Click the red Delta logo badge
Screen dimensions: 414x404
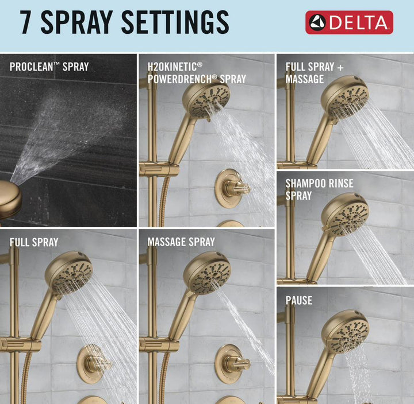tap(349, 22)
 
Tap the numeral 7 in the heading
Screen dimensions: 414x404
tap(26, 22)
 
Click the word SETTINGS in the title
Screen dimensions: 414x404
tap(175, 22)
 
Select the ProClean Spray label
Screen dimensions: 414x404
tap(49, 67)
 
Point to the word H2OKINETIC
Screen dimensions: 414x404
tap(175, 67)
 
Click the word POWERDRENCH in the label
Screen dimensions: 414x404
tap(182, 79)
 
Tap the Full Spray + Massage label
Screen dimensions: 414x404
tap(315, 73)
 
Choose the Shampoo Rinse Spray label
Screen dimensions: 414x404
tap(319, 189)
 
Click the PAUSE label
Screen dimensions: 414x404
tap(299, 301)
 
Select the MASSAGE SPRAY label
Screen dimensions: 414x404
tap(181, 242)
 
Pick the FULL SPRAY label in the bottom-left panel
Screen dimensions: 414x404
tap(34, 242)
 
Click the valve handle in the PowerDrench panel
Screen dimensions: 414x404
tap(232, 188)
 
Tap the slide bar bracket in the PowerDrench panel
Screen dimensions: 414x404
tap(159, 169)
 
